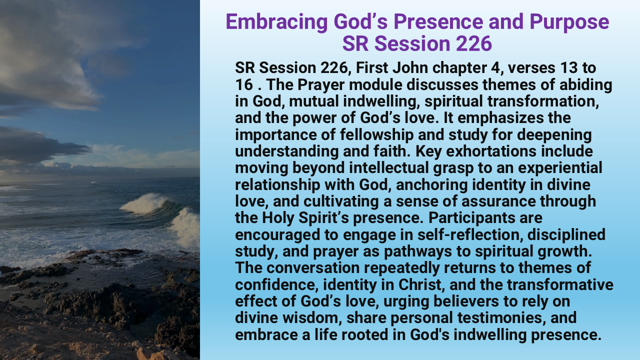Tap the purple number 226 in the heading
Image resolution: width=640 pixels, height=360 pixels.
473,43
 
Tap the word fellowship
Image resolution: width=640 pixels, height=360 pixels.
376,134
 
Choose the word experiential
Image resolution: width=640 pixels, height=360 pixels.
560,168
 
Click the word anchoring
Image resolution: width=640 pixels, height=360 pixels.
432,184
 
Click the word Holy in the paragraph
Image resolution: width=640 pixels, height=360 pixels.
278,218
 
